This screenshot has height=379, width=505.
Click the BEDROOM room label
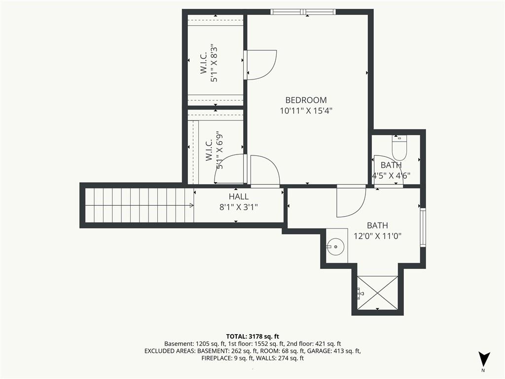click(x=306, y=100)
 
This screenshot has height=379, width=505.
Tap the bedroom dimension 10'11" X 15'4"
click(x=306, y=111)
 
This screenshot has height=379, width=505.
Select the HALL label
click(x=238, y=197)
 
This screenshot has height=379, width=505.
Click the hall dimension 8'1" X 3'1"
click(x=238, y=207)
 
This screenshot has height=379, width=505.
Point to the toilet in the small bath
click(x=399, y=148)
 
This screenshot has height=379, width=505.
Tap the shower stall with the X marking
click(x=377, y=293)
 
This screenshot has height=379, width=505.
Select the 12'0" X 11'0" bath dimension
click(x=377, y=236)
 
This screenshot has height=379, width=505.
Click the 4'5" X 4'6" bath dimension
click(x=391, y=175)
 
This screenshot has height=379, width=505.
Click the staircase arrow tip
click(x=192, y=205)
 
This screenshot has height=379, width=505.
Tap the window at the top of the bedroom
click(x=303, y=12)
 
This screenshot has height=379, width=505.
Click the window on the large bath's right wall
click(x=423, y=227)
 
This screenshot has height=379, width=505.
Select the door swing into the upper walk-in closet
click(x=261, y=64)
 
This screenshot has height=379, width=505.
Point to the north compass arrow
click(x=484, y=359)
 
